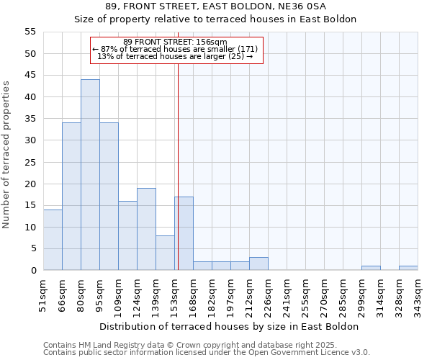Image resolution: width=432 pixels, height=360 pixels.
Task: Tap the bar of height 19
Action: tap(146, 229)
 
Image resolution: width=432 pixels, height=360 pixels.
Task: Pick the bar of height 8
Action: tap(165, 253)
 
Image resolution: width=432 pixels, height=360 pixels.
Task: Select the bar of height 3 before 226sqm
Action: tap(258, 264)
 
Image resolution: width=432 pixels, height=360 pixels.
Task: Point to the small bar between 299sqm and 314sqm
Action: tap(371, 268)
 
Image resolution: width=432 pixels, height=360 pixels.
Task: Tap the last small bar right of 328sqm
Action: tap(408, 268)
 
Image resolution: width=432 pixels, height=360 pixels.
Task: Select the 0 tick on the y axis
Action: tap(32, 271)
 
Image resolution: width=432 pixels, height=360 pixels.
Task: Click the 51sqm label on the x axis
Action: tap(43, 293)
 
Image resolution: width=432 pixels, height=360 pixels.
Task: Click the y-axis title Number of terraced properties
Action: tap(6, 155)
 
